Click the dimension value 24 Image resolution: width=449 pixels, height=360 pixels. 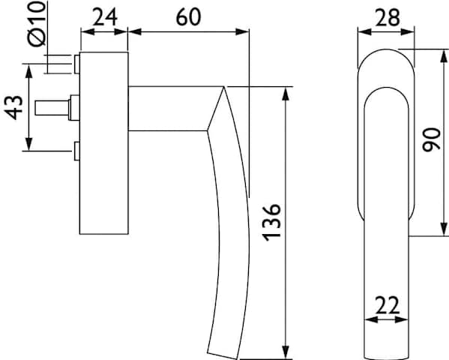(x=105, y=17)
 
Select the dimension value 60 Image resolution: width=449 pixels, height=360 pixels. (x=188, y=17)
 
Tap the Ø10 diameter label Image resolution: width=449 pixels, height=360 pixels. (x=37, y=23)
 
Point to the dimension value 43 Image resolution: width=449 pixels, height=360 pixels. (x=14, y=107)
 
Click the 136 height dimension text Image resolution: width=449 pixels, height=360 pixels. (x=271, y=223)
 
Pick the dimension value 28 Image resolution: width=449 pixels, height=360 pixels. (x=387, y=18)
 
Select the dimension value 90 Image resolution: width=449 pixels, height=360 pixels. (x=431, y=139)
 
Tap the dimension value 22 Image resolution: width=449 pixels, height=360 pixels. (x=387, y=305)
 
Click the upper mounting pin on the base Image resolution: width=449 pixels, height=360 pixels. (x=76, y=64)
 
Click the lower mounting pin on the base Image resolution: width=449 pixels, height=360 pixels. (x=76, y=151)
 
